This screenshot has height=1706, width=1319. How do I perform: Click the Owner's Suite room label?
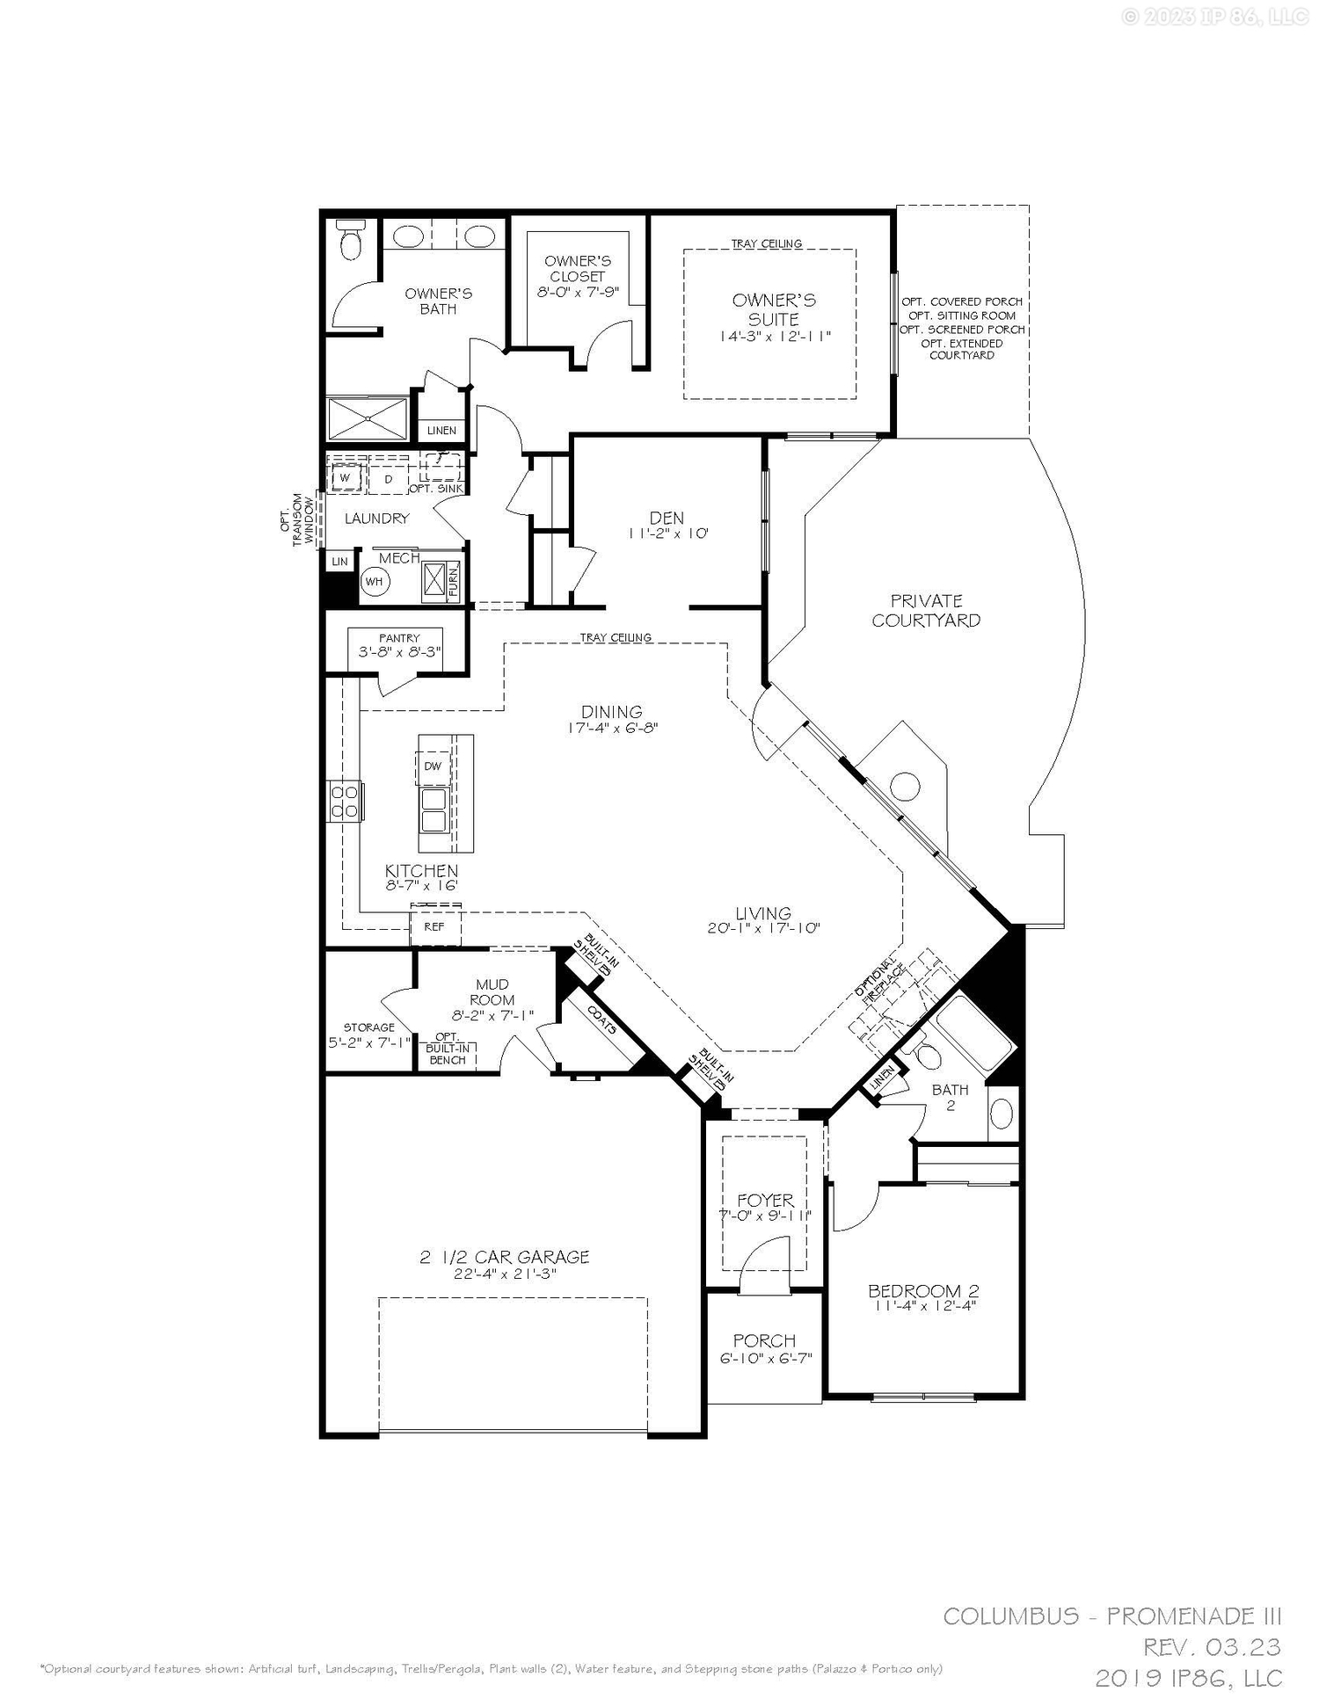[773, 309]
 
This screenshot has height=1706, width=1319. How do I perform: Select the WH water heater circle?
[375, 582]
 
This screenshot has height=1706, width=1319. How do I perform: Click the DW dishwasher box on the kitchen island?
[433, 766]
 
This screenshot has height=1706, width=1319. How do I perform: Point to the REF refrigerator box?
[434, 926]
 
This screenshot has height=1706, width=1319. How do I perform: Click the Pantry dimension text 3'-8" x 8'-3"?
[399, 652]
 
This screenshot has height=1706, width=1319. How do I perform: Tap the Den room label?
[667, 519]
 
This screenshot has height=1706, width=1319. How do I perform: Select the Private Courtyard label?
[926, 610]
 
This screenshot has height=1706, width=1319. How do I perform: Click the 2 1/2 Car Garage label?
[504, 1258]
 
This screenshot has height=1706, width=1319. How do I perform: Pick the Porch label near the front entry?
[764, 1341]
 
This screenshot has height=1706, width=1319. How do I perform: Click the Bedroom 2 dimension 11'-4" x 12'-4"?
[923, 1306]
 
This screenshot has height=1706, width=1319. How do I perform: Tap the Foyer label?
[765, 1200]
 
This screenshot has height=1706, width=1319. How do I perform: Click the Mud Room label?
[492, 992]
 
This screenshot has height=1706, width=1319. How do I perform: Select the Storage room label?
[368, 1027]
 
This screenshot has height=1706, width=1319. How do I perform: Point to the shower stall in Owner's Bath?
[368, 419]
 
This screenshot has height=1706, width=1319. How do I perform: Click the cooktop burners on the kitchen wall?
[345, 801]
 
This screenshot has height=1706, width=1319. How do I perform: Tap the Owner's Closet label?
[577, 268]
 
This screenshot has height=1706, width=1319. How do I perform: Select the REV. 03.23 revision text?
[1212, 1647]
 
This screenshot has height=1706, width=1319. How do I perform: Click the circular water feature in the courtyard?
[904, 786]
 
